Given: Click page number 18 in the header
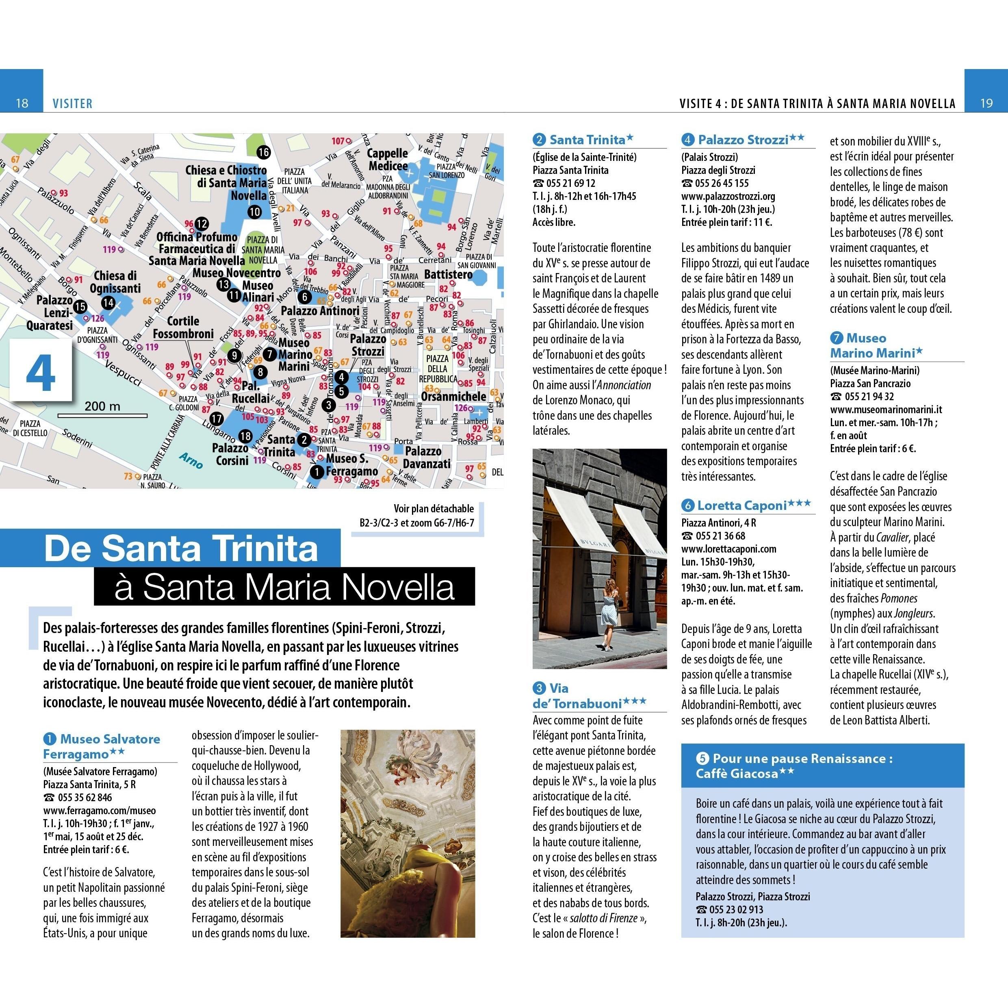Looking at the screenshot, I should [22, 103].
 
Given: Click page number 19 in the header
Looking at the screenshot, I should [986, 103].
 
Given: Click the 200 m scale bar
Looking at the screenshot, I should [102, 415].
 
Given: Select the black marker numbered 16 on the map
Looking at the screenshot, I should [264, 152].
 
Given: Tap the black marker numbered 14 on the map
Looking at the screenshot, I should [108, 303].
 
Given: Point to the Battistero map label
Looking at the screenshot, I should [448, 274].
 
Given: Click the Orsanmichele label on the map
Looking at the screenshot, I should [453, 397].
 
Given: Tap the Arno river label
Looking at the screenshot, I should [191, 460].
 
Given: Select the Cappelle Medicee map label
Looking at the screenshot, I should [388, 160].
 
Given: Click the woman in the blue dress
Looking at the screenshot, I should [609, 616].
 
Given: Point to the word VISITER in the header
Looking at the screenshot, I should [72, 103].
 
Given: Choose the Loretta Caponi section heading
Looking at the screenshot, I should [741, 505].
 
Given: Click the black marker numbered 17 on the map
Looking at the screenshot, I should [217, 418].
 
